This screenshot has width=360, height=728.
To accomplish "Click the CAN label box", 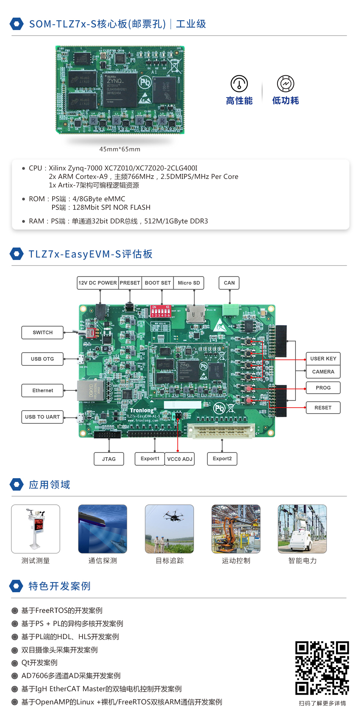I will pos(229,283).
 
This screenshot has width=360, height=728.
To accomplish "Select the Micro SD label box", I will pos(189,283).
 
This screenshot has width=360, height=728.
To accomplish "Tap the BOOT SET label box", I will pos(157,283).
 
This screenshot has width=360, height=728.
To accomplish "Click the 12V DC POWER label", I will pos(97,283).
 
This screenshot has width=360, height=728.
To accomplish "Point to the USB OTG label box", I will pos(42,359).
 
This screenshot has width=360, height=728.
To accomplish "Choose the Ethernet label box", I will pos(42,390).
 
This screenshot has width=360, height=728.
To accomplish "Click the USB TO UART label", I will pos(42,417).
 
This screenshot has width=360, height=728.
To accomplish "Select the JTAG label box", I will pos(109,459).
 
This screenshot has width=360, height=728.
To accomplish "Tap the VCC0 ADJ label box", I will pos(180,459).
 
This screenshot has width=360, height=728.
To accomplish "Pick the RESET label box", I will pos(323,408).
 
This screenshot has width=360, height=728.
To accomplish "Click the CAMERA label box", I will pos(323,372).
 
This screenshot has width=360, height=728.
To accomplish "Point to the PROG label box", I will pos(323,388).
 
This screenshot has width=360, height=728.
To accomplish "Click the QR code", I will pos(322,668).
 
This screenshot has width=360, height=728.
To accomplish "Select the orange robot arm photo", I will pos(236,529).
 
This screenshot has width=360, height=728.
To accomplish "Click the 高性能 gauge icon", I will pos(239,84).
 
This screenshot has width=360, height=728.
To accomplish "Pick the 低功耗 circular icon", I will pos(285,84).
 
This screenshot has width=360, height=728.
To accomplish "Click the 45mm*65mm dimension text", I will pos(120,149).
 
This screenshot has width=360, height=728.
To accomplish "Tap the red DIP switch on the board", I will pos(161,311).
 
